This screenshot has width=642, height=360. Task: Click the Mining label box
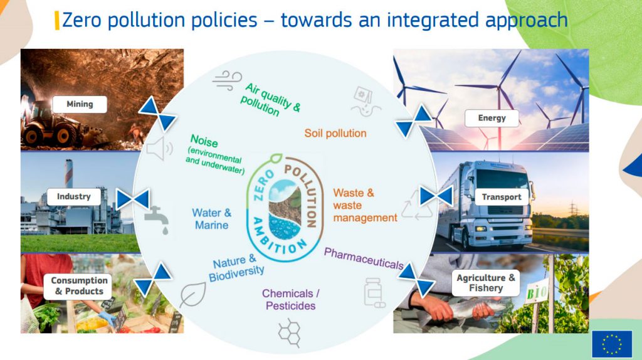pos(80,105)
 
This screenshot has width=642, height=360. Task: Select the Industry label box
pos(74,196)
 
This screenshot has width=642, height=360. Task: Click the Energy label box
pos(492,119)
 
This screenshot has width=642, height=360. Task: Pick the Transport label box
pos(502,197)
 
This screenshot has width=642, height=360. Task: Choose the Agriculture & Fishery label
pos(486,283)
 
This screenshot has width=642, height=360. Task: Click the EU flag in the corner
pos(612,344)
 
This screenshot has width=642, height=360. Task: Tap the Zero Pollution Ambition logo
pos(285,208)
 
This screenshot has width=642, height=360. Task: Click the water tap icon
pos(157,220)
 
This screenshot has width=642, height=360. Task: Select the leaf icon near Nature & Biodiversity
pos(192,294)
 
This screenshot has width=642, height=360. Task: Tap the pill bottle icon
pos(374,292)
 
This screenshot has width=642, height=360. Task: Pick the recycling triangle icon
pos(416,206)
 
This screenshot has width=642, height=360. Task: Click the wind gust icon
pos(227,80)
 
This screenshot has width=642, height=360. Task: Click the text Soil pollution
pos(335,134)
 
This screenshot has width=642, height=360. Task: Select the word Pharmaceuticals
pos(364,258)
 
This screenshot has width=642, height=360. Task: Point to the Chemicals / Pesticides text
pos(291,299)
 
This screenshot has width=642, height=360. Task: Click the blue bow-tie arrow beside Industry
pos(133,199)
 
